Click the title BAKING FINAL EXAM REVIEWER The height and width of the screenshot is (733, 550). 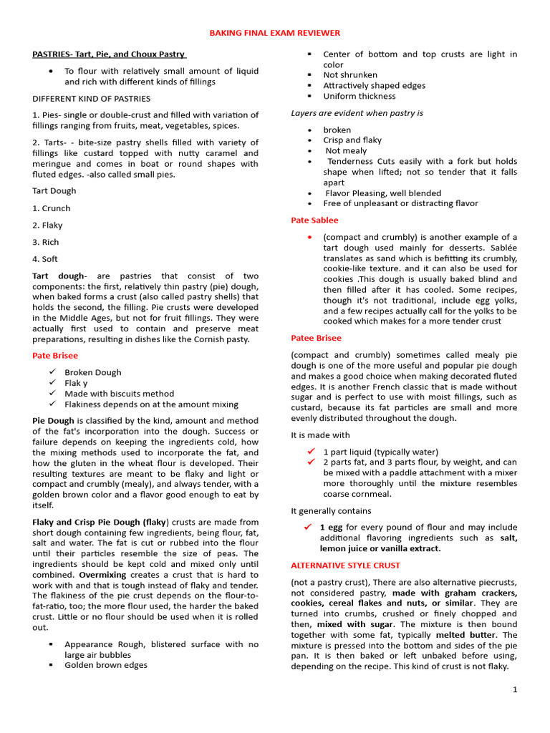pos(274,33)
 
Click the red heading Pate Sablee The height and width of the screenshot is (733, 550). pos(314,220)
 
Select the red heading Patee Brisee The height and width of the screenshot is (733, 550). pos(316,338)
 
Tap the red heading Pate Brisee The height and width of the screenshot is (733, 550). pos(55,355)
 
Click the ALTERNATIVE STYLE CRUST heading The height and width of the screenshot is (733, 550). pos(345,565)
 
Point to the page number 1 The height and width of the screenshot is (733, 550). pos(514,689)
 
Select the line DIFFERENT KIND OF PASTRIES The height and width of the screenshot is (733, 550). pos(91,98)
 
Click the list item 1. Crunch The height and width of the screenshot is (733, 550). pos(52,208)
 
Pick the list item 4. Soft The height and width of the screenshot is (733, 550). pos(45,259)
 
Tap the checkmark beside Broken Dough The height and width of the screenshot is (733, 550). pos(52,372)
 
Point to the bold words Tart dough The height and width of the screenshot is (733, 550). pos(58,276)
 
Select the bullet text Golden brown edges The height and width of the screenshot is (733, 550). pos(105,665)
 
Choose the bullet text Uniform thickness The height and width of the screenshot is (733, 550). pos(359,96)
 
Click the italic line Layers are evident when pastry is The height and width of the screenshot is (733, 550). pos(357,113)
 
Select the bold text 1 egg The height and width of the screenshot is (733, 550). pos(330,528)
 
